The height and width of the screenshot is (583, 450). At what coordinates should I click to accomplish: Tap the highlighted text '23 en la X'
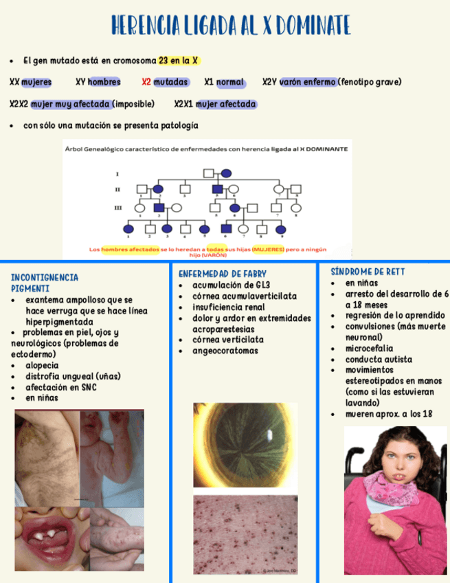pos(179,60)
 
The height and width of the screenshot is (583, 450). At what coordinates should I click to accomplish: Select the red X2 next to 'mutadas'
pos(146,82)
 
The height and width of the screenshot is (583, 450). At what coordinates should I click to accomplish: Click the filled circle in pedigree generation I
pos(226,173)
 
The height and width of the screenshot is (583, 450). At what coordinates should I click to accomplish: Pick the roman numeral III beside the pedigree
pos(117,207)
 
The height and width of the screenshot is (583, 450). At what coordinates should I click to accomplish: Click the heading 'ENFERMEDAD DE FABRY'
pos(223,274)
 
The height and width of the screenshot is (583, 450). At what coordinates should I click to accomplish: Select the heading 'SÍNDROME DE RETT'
pos(368,272)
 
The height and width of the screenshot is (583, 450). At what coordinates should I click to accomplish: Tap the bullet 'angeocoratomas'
pos(225,351)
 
